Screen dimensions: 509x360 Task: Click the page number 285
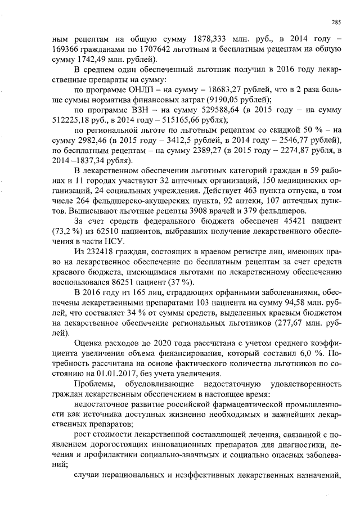point(336,22)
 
